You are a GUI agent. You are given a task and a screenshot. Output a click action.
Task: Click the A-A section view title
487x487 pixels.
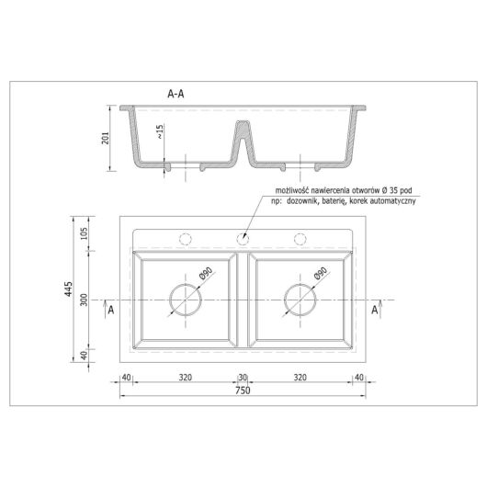pyautogui.click(x=176, y=94)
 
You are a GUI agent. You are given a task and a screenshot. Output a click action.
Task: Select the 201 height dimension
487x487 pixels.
pyautogui.click(x=106, y=138)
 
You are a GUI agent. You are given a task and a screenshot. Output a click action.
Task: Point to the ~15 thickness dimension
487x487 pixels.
pyautogui.click(x=160, y=131)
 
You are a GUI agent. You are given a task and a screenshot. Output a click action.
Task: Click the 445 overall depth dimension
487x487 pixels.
pyautogui.click(x=69, y=289)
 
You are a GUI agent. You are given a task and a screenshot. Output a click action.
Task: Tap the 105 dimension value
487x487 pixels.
pyautogui.click(x=84, y=233)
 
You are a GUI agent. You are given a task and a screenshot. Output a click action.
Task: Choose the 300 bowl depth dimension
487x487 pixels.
pyautogui.click(x=84, y=300)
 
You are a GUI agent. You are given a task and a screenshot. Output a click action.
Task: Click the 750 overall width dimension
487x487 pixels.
pyautogui.click(x=243, y=391)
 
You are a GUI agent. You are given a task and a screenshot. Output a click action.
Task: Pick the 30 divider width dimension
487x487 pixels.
pyautogui.click(x=243, y=378)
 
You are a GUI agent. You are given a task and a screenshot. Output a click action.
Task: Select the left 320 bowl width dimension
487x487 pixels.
pyautogui.click(x=186, y=378)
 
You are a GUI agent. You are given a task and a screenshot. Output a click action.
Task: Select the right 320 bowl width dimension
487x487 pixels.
pyautogui.click(x=300, y=378)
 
